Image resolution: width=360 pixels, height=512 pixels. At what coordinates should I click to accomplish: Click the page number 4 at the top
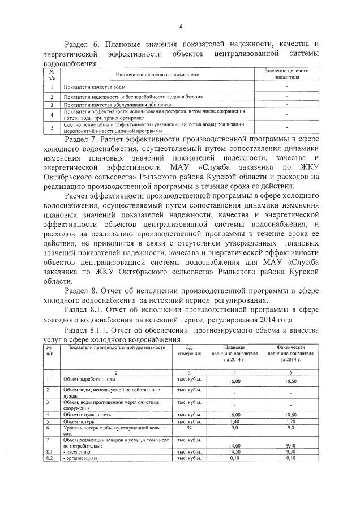coord(180,27)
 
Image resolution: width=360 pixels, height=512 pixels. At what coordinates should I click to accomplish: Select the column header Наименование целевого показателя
coord(158,74)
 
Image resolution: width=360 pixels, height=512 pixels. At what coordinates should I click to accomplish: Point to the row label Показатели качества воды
coord(95,87)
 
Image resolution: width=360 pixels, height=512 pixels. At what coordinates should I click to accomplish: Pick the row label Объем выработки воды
coord(90,378)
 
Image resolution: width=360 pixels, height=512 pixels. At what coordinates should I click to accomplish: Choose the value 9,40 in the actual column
coord(290,446)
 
